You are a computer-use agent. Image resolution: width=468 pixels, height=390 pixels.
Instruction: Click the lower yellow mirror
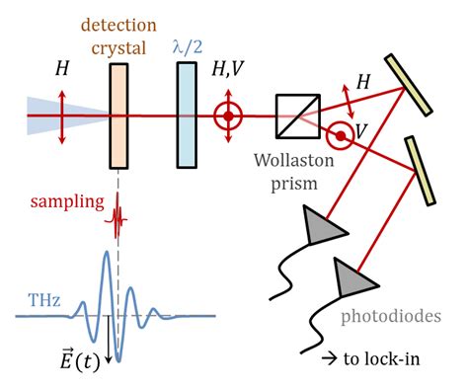click(419, 172)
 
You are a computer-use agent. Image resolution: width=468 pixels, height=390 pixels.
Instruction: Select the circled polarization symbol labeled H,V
click(228, 116)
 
